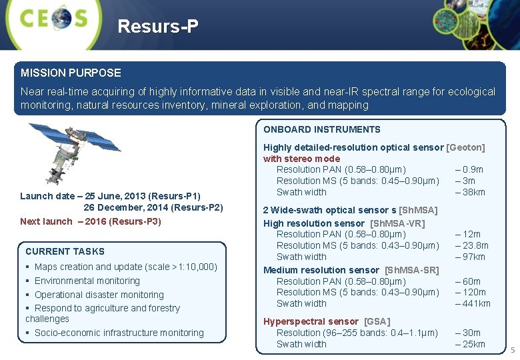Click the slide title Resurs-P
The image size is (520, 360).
158,27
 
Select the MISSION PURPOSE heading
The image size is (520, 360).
71,73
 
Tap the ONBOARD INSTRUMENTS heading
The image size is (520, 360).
322,129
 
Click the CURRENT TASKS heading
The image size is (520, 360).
65,251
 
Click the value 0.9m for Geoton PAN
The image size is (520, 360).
469,169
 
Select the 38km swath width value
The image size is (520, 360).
470,192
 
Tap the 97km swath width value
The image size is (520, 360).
470,257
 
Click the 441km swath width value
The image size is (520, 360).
473,303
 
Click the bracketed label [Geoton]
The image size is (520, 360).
465,147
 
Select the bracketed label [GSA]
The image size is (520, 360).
377,321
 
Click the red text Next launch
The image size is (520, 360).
46,221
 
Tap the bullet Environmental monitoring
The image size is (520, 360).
87,281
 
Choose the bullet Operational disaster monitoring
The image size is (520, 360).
99,295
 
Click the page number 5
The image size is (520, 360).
512,351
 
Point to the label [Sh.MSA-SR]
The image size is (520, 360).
412,270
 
